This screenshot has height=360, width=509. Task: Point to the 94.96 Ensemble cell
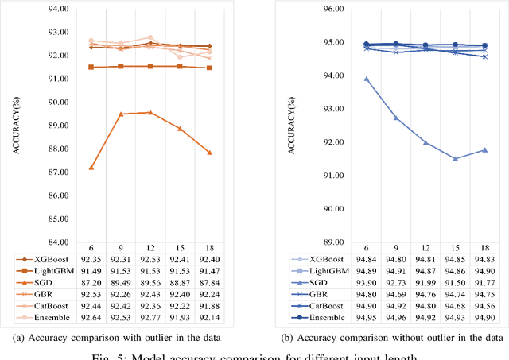click(396, 319)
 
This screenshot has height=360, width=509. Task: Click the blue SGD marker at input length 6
click(366, 79)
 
